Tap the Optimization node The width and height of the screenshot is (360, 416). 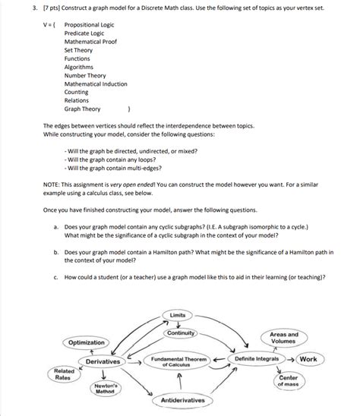(87, 343)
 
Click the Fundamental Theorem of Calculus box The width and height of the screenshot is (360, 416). (179, 361)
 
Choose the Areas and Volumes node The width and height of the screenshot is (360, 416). (283, 338)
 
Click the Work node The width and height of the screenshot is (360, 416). (308, 358)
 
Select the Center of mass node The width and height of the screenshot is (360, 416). (289, 380)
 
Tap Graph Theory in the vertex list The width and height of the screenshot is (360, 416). (82, 108)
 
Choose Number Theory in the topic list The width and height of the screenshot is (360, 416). (84, 76)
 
